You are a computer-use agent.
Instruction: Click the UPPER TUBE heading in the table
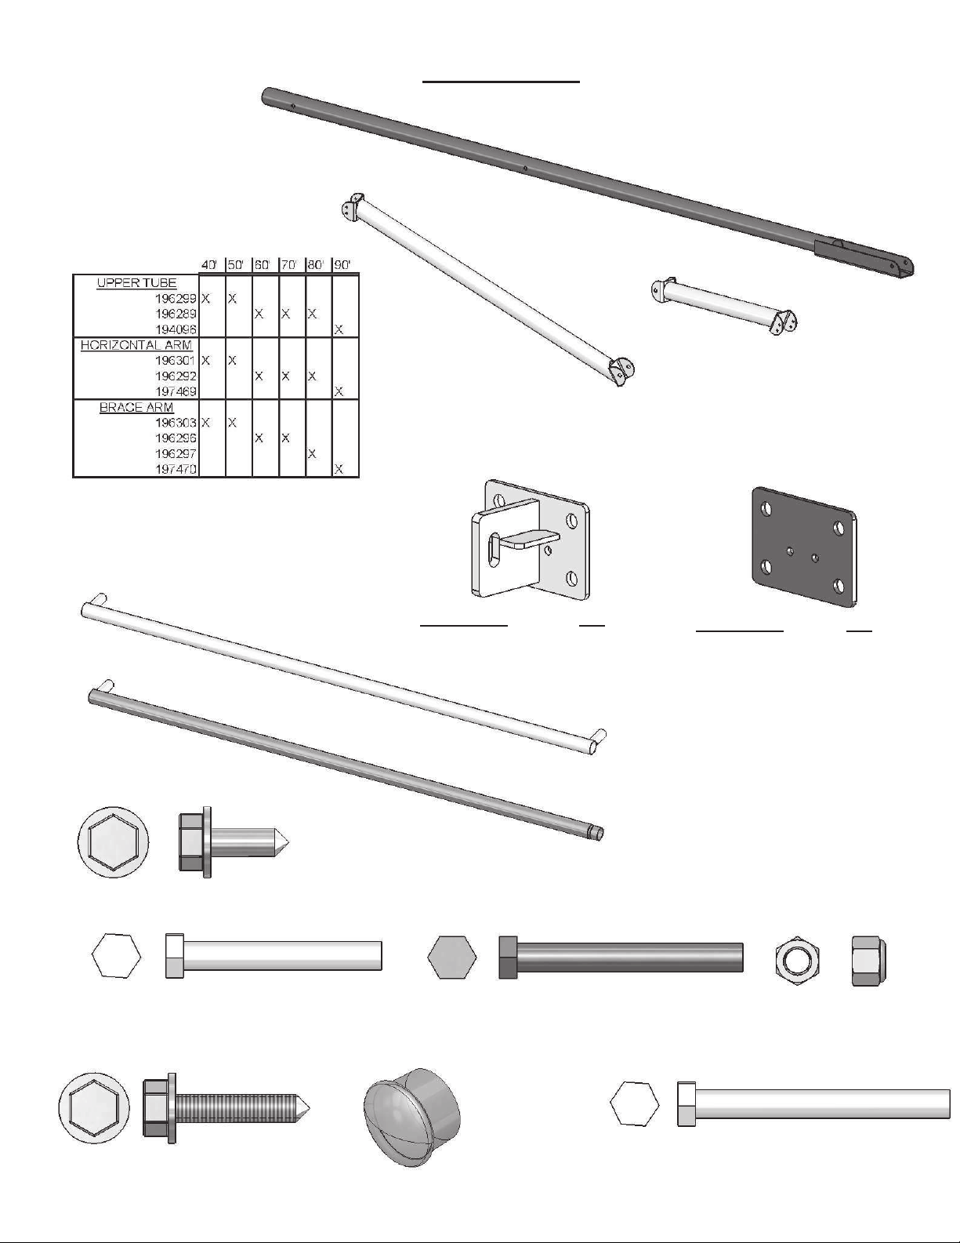pyautogui.click(x=136, y=283)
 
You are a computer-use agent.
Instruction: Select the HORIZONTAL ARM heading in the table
pyautogui.click(x=136, y=345)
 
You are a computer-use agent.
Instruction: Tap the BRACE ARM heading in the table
pyautogui.click(x=136, y=407)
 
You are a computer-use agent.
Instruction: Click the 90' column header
pyautogui.click(x=342, y=265)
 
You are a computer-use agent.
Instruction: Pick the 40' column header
pyautogui.click(x=209, y=265)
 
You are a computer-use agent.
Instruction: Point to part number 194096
pyautogui.click(x=176, y=329)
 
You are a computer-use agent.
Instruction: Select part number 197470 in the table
pyautogui.click(x=176, y=469)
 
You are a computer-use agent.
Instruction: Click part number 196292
pyautogui.click(x=176, y=376)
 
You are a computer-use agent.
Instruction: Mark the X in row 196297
pyautogui.click(x=312, y=453)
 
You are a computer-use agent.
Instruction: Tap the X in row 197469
pyautogui.click(x=339, y=392)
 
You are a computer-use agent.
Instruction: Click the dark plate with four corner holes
pyautogui.click(x=805, y=546)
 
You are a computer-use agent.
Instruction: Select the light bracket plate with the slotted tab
pyautogui.click(x=530, y=539)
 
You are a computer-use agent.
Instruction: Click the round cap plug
pyautogui.click(x=411, y=1117)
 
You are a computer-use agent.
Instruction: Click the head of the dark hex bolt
pyautogui.click(x=508, y=957)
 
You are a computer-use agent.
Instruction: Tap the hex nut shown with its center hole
pyautogui.click(x=799, y=958)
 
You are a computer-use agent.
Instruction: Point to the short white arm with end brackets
pyautogui.click(x=724, y=306)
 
